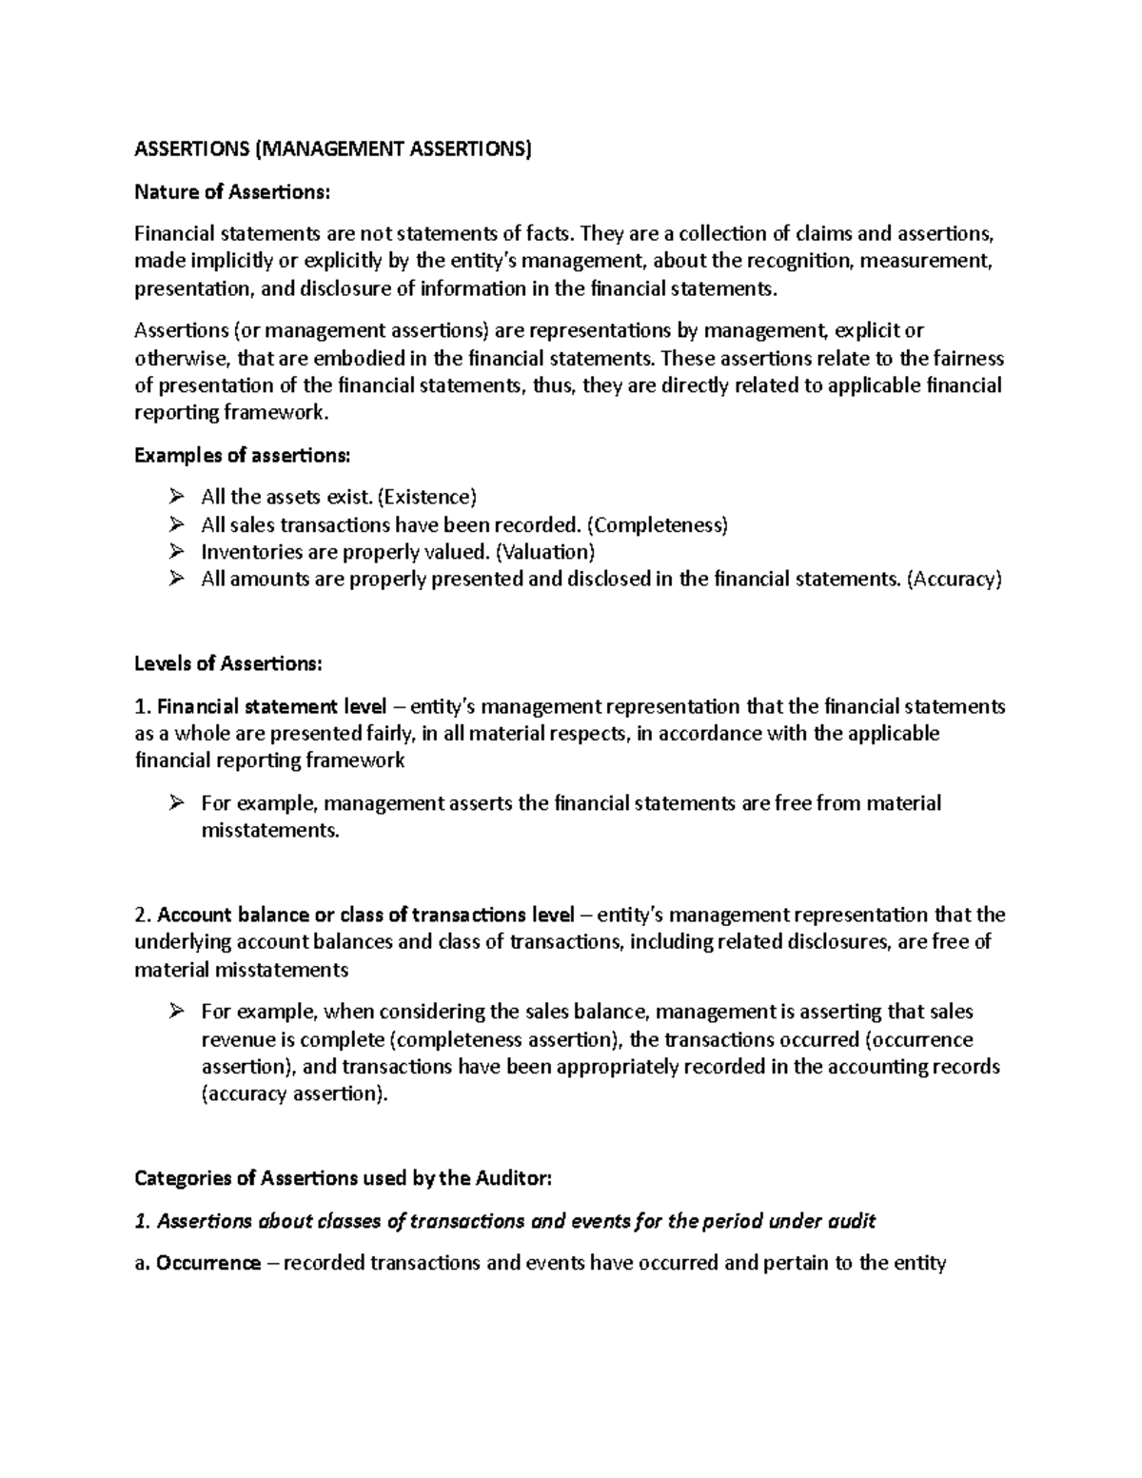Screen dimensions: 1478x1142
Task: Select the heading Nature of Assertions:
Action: pyautogui.click(x=232, y=192)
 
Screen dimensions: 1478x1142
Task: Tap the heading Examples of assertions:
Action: pyautogui.click(x=243, y=455)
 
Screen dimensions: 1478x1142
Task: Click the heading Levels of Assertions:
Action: pyautogui.click(x=228, y=662)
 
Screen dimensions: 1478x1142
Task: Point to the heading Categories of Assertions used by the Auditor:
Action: pyautogui.click(x=343, y=1178)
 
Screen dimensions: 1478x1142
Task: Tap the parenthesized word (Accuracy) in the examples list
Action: pyautogui.click(x=954, y=580)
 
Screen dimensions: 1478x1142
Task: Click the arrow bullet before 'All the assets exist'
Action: pyautogui.click(x=175, y=497)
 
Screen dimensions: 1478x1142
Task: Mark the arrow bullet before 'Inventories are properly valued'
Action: pyautogui.click(x=175, y=552)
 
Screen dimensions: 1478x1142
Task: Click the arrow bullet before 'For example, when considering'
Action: pyautogui.click(x=175, y=1012)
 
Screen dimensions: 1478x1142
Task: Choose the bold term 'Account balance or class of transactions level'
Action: pyautogui.click(x=365, y=915)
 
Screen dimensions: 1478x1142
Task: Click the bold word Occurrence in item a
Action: pyautogui.click(x=208, y=1263)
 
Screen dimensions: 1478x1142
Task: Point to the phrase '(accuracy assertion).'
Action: pyautogui.click(x=295, y=1094)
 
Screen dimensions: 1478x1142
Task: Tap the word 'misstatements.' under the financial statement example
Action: pyautogui.click(x=269, y=830)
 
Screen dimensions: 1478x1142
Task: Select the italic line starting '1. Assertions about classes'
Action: pyautogui.click(x=504, y=1221)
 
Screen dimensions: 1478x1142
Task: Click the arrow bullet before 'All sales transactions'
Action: pyautogui.click(x=175, y=524)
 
